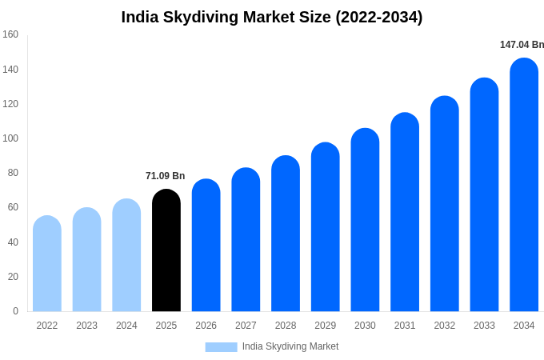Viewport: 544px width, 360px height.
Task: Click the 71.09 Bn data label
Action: click(165, 176)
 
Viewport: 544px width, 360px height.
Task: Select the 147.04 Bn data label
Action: click(522, 45)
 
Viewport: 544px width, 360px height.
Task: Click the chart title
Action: click(272, 17)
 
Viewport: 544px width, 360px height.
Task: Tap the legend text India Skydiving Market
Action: click(290, 346)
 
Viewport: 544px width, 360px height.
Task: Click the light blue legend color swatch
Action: click(221, 347)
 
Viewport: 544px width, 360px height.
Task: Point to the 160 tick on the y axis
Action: click(10, 34)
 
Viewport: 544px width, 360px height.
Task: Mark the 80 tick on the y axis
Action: click(13, 173)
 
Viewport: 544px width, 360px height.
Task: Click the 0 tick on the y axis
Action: click(15, 311)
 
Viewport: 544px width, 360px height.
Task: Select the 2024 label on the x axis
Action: click(126, 326)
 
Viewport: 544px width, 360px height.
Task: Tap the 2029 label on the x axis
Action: click(326, 326)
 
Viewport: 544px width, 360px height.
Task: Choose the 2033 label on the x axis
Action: click(484, 326)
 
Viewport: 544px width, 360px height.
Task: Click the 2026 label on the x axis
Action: click(206, 326)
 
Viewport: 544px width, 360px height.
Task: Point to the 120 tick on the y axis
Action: click(10, 104)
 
